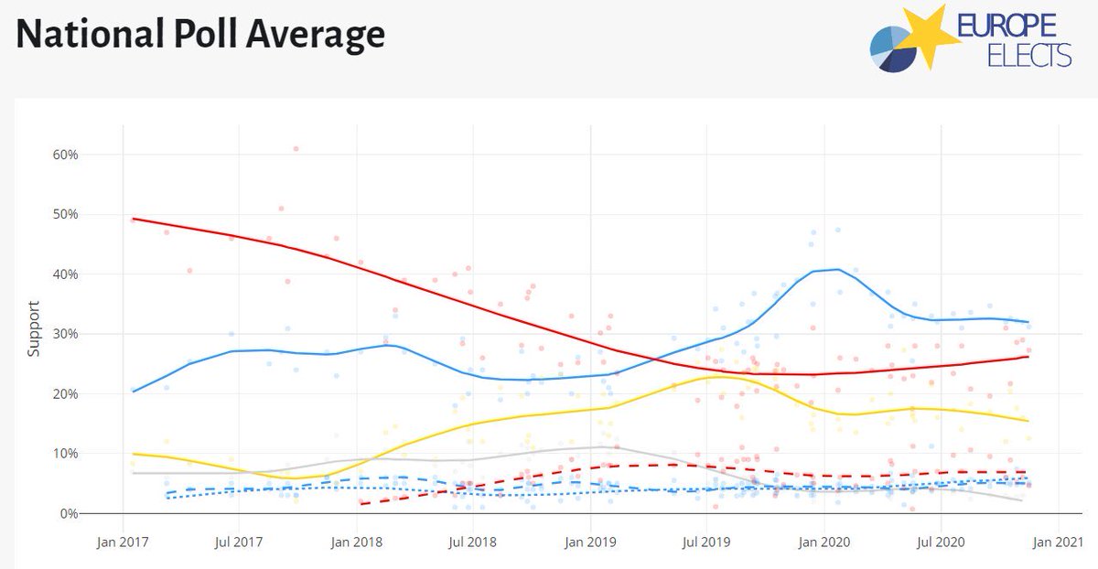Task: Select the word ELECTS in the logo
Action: click(x=1029, y=57)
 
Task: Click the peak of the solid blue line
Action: click(x=838, y=269)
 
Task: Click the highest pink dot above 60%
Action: click(x=296, y=148)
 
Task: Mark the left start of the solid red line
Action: click(x=133, y=219)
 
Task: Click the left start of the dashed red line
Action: click(x=361, y=504)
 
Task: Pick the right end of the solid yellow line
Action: click(x=1028, y=421)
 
